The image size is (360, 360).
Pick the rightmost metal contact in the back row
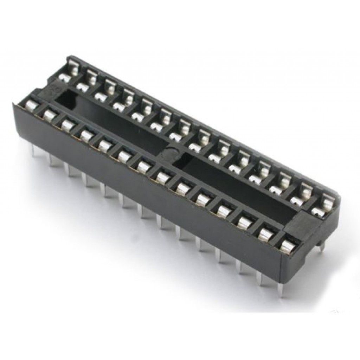pos(324,207)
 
